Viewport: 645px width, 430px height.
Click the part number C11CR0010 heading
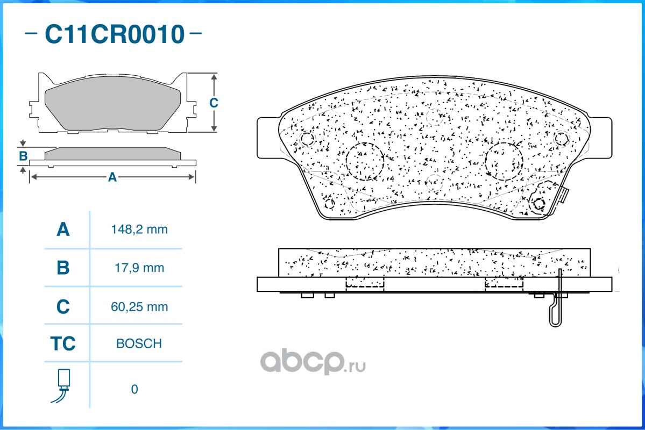tap(114, 34)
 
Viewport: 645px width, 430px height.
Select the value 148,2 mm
tap(139, 230)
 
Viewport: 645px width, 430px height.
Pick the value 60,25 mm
tap(139, 306)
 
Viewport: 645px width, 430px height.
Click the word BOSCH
tap(139, 343)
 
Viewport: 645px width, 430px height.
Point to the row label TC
tap(63, 343)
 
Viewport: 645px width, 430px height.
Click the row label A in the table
tap(63, 230)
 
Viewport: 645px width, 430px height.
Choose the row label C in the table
tap(63, 306)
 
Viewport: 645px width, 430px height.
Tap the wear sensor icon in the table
tap(63, 385)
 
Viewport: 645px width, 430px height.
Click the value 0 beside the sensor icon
tap(134, 389)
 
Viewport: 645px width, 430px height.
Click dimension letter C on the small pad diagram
tap(214, 103)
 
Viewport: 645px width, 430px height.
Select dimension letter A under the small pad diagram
tap(112, 177)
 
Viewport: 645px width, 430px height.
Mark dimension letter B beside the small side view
tap(23, 156)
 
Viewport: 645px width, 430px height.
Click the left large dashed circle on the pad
tap(364, 161)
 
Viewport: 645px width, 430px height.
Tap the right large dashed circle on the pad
tap(504, 161)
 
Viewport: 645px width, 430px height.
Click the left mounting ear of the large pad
tap(268, 138)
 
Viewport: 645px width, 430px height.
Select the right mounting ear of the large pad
tap(601, 138)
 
